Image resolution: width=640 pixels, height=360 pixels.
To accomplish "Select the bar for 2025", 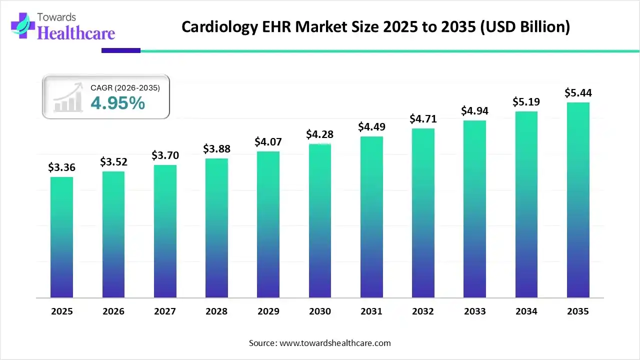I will (61, 237).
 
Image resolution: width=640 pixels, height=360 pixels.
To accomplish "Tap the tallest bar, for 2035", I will (578, 200).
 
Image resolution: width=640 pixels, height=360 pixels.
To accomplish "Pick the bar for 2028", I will (216, 228).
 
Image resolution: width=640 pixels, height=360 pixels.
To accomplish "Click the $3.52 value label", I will (113, 161).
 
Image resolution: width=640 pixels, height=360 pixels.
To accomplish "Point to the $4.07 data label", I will (268, 141).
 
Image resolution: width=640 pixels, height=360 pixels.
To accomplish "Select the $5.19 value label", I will (526, 102).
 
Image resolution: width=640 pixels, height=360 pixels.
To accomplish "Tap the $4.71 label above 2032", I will (423, 119).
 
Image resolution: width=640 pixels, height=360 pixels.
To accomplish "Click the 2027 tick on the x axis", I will (165, 311).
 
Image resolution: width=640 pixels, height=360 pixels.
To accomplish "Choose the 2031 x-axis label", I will (371, 311).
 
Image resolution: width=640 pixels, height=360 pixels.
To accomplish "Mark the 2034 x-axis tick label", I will (526, 311).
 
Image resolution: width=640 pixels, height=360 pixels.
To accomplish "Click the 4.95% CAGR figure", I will (118, 103).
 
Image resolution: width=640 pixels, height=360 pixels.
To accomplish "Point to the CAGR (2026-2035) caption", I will (125, 88).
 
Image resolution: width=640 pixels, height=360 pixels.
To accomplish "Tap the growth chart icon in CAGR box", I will (68, 98).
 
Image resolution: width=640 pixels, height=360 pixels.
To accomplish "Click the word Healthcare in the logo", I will (76, 33).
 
